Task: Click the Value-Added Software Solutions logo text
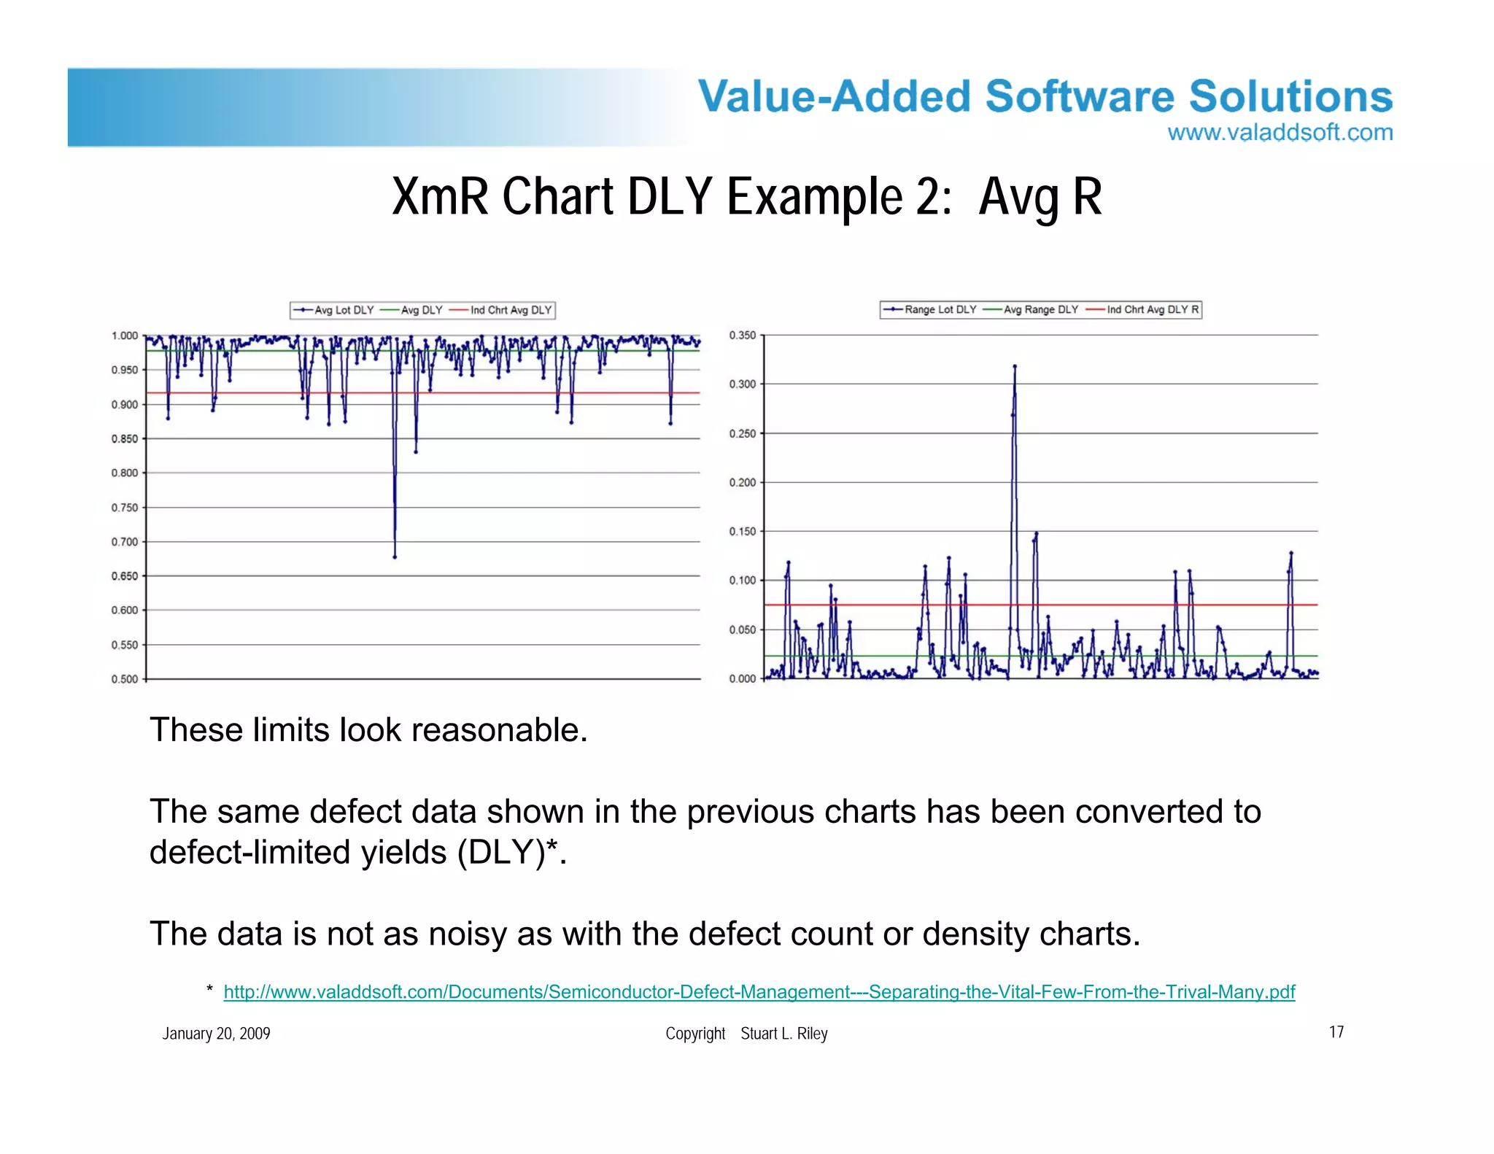point(1045,97)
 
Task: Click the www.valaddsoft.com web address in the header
point(1280,133)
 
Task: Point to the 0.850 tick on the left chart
point(125,439)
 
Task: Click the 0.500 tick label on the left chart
point(125,679)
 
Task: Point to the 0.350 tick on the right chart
point(743,336)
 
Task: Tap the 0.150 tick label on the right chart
point(743,532)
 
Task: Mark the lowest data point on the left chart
point(395,557)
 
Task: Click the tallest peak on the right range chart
point(1015,367)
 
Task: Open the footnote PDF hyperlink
point(759,992)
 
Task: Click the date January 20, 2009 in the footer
point(216,1034)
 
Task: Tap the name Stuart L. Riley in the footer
point(783,1034)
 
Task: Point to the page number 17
point(1336,1032)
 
